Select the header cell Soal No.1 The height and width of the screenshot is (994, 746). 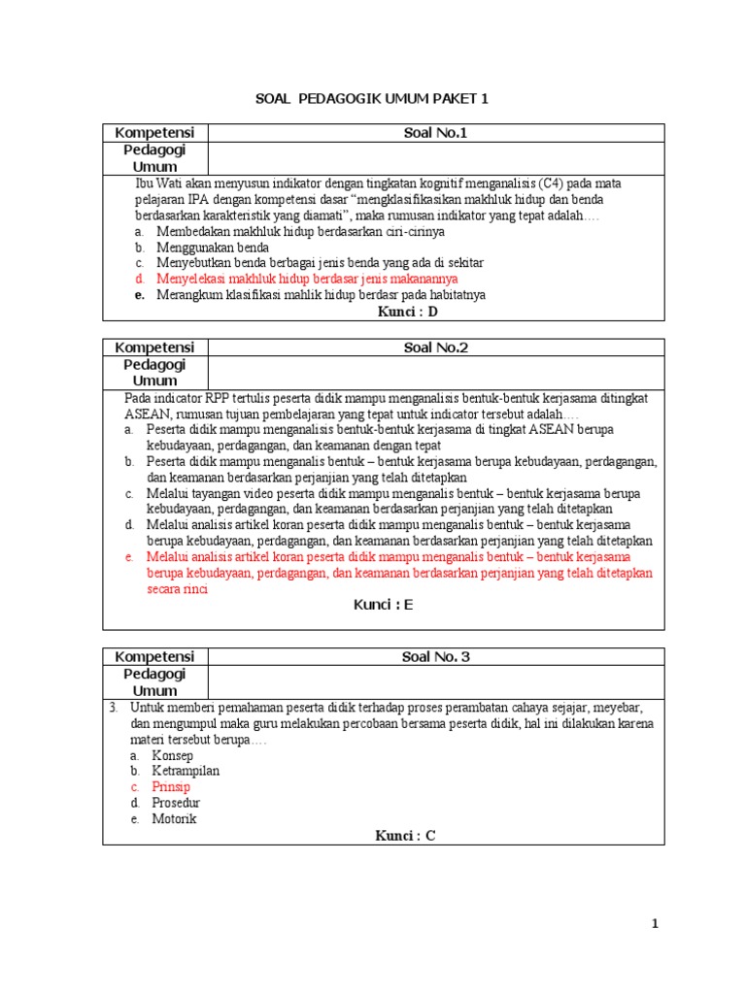coord(435,133)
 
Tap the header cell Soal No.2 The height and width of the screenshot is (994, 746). coord(435,348)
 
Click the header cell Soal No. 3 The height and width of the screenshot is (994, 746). coord(435,657)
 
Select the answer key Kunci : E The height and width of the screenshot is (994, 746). coord(383,605)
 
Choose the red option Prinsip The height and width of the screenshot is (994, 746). coord(171,787)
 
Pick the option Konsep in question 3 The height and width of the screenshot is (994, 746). coord(172,755)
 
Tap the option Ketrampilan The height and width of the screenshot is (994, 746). coord(186,771)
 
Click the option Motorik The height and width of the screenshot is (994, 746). coord(174,818)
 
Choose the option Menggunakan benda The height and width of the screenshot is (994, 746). coord(213,248)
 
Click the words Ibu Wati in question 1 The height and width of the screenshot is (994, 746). coord(158,183)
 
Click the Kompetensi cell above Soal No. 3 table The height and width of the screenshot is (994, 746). coord(154,657)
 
